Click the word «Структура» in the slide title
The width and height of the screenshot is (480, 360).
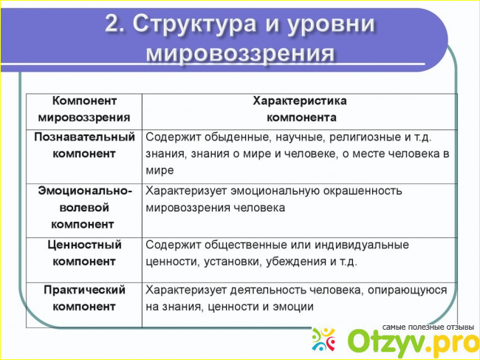pyautogui.click(x=194, y=24)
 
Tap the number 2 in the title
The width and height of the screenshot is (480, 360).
pyautogui.click(x=113, y=23)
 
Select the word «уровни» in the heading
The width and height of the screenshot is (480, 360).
pyautogui.click(x=332, y=24)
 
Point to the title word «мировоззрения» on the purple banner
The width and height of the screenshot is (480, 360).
pyautogui.click(x=240, y=54)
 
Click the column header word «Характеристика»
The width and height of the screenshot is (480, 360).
pyautogui.click(x=300, y=101)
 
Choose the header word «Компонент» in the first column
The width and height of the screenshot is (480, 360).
pyautogui.click(x=84, y=101)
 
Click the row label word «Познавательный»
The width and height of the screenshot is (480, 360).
pyautogui.click(x=84, y=137)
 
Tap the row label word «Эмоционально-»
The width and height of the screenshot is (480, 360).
pyautogui.click(x=85, y=191)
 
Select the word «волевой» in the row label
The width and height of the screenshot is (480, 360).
pyautogui.click(x=84, y=208)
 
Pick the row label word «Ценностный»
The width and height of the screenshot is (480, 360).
pyautogui.click(x=84, y=245)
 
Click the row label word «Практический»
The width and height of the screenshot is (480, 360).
pyautogui.click(x=84, y=290)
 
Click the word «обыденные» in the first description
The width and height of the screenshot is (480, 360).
pyautogui.click(x=238, y=137)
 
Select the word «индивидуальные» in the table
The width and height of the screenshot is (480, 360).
pyautogui.click(x=362, y=245)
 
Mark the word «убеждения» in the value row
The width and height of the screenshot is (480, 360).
pyautogui.click(x=296, y=262)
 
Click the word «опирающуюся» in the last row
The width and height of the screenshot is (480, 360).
pyautogui.click(x=407, y=291)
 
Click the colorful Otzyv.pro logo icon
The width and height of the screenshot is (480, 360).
pyautogui.click(x=323, y=339)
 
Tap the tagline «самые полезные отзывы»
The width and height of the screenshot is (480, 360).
pyautogui.click(x=428, y=327)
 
